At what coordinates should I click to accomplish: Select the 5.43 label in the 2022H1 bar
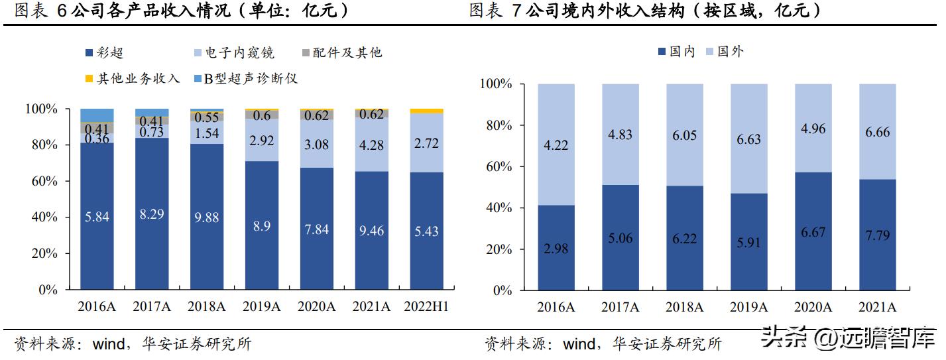click(x=426, y=231)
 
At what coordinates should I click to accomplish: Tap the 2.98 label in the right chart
click(x=556, y=249)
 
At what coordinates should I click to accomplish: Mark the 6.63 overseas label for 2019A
click(x=748, y=139)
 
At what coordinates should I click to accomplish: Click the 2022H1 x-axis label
click(x=426, y=306)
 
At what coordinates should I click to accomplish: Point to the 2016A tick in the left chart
click(x=97, y=306)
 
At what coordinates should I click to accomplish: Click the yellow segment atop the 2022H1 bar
click(x=426, y=111)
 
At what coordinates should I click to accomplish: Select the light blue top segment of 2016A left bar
click(x=97, y=115)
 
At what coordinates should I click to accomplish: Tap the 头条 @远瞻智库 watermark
click(x=848, y=338)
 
